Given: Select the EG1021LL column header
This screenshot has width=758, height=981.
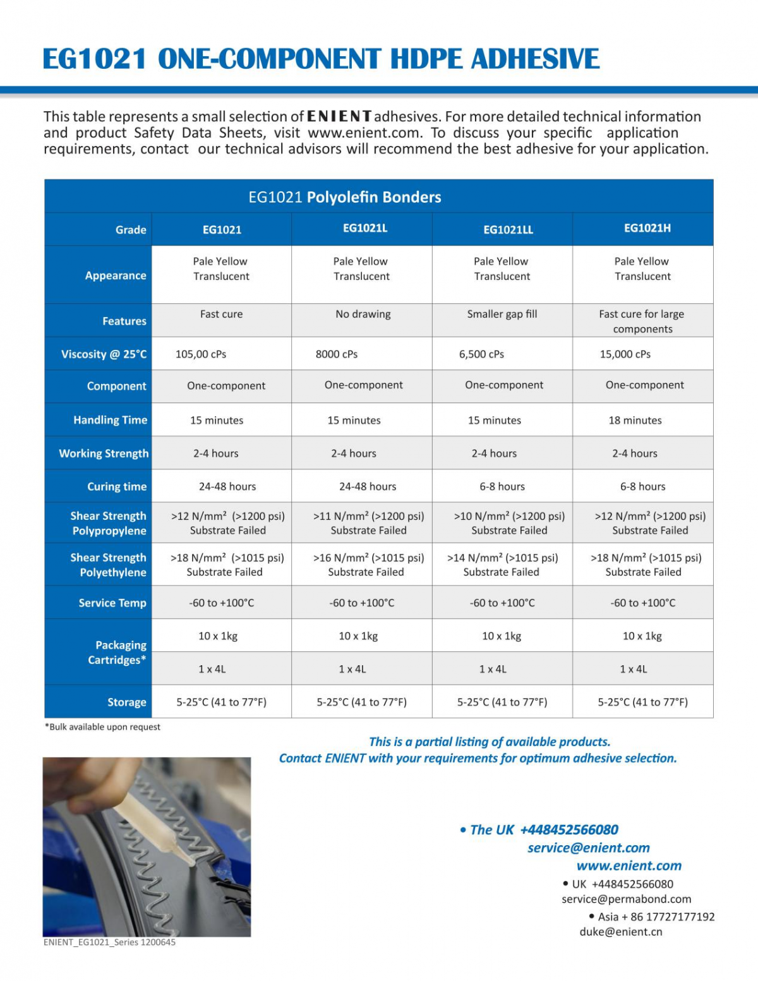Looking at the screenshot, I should (508, 230).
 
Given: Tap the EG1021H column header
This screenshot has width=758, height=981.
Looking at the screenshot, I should (647, 228).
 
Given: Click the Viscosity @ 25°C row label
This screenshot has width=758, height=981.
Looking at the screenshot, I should (104, 354).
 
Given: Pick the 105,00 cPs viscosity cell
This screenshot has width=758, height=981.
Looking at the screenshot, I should (201, 354).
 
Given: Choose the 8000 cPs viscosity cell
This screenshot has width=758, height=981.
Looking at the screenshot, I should (337, 354).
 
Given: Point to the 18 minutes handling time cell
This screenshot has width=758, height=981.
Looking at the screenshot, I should (635, 421).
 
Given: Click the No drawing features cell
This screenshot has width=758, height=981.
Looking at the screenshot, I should (363, 314).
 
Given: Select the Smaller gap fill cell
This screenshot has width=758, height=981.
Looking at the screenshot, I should (502, 314).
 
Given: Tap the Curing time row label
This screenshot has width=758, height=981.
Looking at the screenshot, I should (117, 486).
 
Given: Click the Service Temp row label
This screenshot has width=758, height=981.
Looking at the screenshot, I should (112, 603).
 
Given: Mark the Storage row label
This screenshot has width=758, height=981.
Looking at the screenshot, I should (126, 702).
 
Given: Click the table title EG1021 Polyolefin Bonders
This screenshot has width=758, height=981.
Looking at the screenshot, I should (345, 197).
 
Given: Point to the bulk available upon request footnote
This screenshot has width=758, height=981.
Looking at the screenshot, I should (102, 727).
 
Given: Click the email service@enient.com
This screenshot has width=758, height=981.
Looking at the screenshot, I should (589, 848).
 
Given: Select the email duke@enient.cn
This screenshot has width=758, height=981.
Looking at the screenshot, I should (621, 932).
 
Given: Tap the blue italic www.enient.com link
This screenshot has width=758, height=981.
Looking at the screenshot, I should (629, 865).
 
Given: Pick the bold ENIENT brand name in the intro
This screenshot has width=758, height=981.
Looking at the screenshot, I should (339, 117).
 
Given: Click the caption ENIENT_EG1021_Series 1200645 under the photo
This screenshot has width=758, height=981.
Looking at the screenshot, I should (109, 942).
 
